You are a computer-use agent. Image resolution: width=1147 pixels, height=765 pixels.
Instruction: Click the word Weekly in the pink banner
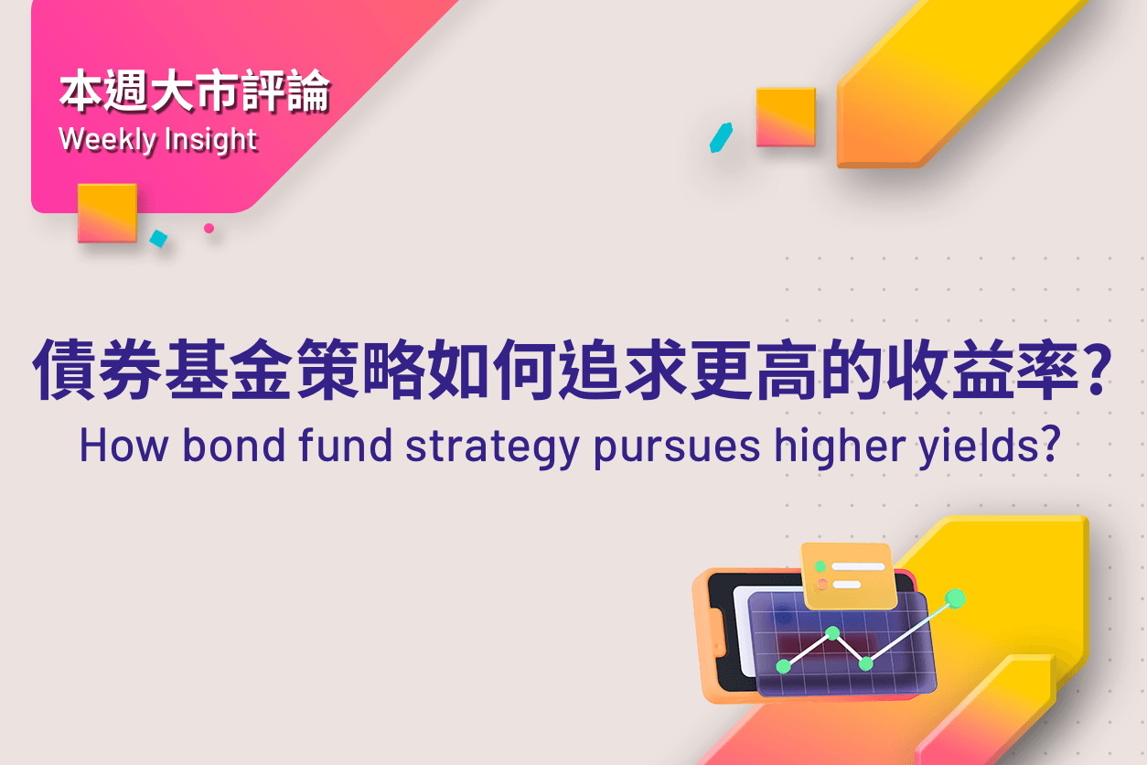coord(108,140)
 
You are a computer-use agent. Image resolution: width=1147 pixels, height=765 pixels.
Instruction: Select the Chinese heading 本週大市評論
coord(194,91)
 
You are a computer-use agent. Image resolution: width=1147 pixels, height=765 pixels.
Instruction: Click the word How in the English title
coord(123,446)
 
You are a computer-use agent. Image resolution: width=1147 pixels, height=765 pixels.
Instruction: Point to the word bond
coord(234,445)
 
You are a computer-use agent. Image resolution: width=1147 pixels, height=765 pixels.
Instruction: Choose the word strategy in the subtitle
coord(492,448)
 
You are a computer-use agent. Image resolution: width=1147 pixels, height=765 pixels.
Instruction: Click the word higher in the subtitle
coord(840,447)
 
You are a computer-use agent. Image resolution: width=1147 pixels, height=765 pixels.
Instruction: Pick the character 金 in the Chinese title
coord(262,369)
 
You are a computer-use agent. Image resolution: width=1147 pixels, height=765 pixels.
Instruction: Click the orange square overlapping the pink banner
coord(108,213)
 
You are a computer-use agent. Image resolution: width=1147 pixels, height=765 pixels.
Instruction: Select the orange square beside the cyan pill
coord(786,117)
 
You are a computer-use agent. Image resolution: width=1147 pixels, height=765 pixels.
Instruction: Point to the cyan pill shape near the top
coord(721,138)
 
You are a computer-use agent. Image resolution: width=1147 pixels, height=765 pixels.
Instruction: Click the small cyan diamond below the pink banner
coord(158,239)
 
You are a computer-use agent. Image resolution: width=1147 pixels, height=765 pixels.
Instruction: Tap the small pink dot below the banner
coord(209,228)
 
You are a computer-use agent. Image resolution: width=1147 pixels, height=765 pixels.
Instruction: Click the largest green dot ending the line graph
coord(955,598)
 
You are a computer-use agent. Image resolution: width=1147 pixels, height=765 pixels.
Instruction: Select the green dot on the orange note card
coord(820,566)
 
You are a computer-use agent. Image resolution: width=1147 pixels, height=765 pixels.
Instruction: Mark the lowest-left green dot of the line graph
coord(784,666)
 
